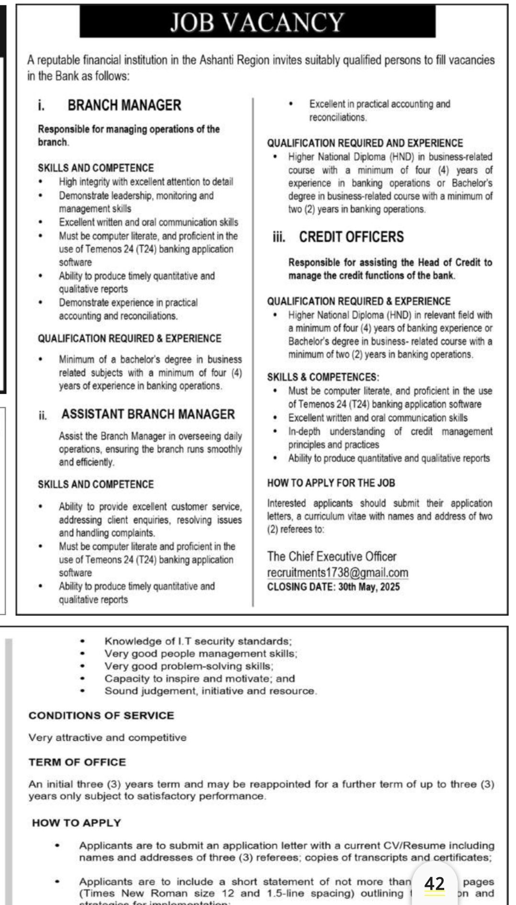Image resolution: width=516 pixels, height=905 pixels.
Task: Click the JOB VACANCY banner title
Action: click(258, 23)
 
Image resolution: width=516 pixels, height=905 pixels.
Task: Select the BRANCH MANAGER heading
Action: click(124, 105)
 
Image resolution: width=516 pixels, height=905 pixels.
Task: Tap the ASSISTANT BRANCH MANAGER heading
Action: click(148, 414)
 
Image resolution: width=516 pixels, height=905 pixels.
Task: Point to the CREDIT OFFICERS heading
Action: click(351, 237)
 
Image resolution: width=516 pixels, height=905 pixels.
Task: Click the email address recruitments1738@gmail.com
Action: click(337, 573)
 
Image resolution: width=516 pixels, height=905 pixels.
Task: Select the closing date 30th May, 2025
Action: click(369, 587)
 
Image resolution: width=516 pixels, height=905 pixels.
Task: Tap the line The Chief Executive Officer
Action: click(332, 556)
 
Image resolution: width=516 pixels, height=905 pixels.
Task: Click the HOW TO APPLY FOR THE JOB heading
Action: click(331, 483)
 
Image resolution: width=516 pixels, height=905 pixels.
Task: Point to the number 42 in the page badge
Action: click(434, 883)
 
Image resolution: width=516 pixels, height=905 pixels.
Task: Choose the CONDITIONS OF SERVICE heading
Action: click(101, 715)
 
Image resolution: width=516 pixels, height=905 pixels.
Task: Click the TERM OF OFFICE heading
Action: click(77, 762)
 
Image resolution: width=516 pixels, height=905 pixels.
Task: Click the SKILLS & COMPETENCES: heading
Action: click(323, 377)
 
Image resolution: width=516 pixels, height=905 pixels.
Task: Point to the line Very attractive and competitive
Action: click(107, 737)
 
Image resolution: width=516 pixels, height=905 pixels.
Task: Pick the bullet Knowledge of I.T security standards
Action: click(198, 641)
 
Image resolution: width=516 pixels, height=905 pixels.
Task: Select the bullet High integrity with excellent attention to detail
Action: click(146, 182)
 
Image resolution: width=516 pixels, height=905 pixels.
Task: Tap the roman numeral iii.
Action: click(278, 238)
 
